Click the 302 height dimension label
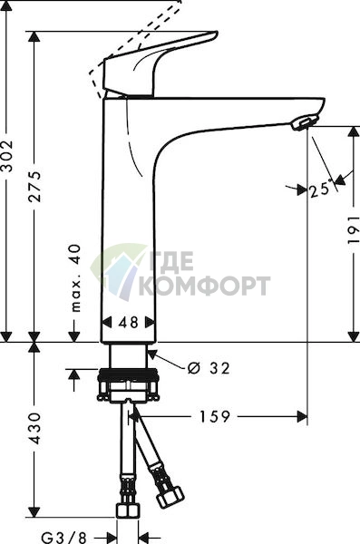(7, 156)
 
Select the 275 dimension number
(34, 186)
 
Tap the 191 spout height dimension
(354, 229)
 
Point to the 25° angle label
(320, 189)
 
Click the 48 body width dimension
(129, 322)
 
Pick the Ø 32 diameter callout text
(209, 368)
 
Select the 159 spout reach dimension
(215, 416)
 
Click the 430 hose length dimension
(34, 428)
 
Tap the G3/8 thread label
(63, 538)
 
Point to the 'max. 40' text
(75, 278)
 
